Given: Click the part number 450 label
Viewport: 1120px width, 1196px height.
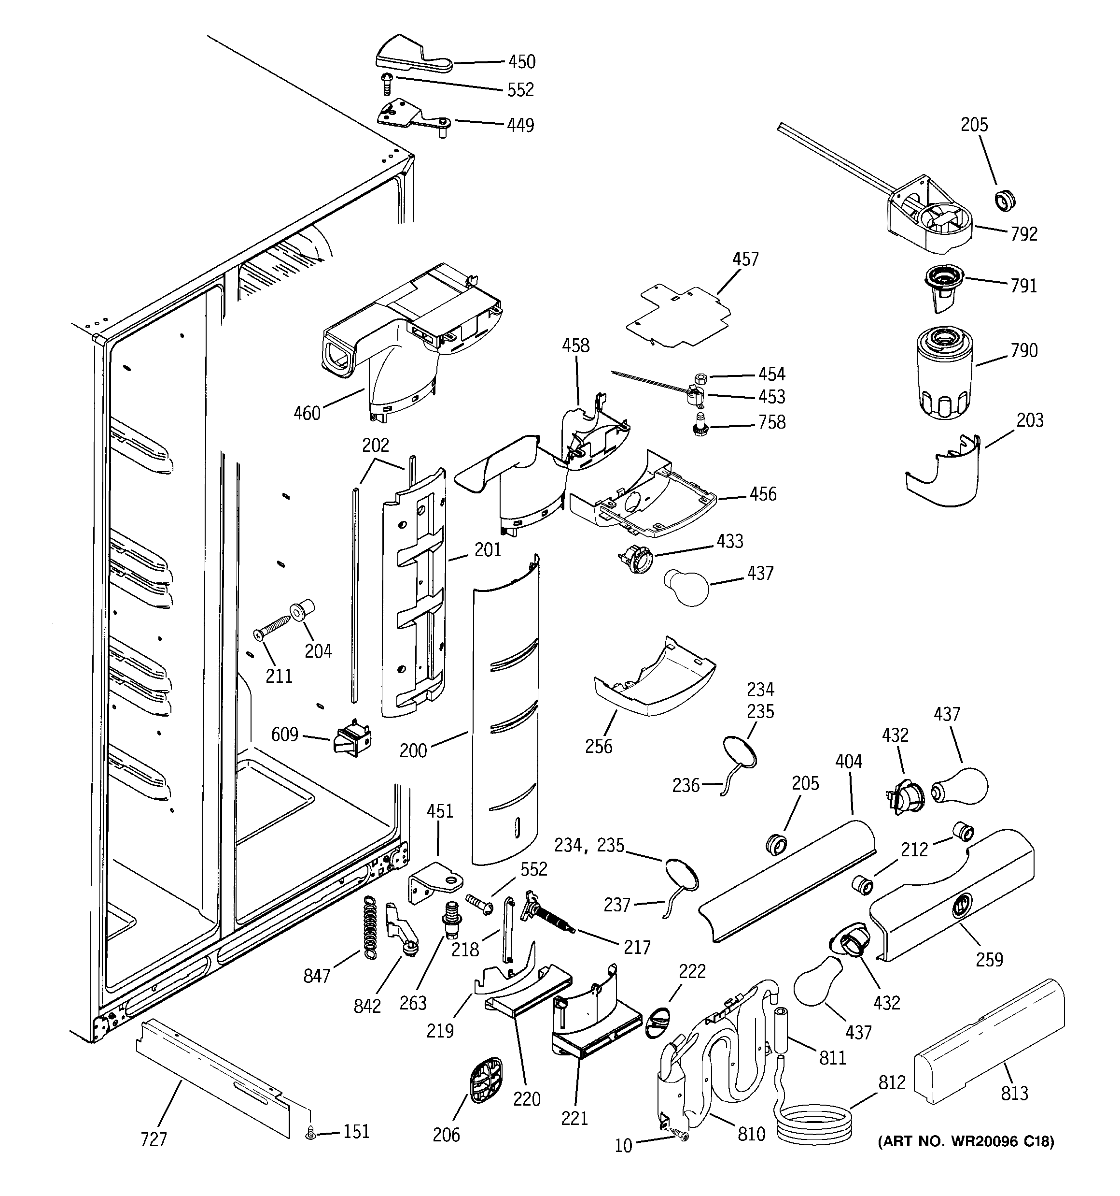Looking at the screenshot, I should [521, 62].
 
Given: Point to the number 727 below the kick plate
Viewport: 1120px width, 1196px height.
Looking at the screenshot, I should [154, 1139].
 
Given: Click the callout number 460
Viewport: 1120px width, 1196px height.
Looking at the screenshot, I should [307, 413].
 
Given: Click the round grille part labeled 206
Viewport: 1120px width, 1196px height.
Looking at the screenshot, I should [485, 1081].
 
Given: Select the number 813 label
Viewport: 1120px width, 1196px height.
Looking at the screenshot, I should [1014, 1093].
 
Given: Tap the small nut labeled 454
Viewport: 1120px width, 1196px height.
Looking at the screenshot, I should [699, 378].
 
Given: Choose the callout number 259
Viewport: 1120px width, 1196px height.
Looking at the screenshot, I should [989, 959].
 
